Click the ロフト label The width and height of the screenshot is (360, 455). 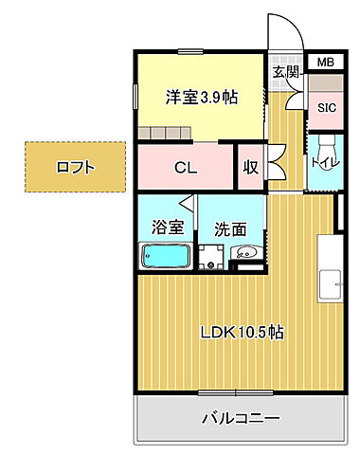pos(75,168)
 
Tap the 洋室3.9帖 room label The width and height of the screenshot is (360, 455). pos(202,97)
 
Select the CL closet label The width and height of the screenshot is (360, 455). pos(186,169)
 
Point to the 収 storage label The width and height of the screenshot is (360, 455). pos(250,169)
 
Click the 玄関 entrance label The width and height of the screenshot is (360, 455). pos(286,72)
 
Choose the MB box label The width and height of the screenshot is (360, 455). pos(325,63)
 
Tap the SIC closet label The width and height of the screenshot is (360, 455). pos(326,107)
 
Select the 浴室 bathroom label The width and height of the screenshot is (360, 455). pos(166,227)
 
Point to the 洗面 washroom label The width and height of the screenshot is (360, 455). pos(229,227)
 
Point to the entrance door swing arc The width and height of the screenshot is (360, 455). pos(289,33)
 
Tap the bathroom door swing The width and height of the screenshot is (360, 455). pos(189,207)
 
